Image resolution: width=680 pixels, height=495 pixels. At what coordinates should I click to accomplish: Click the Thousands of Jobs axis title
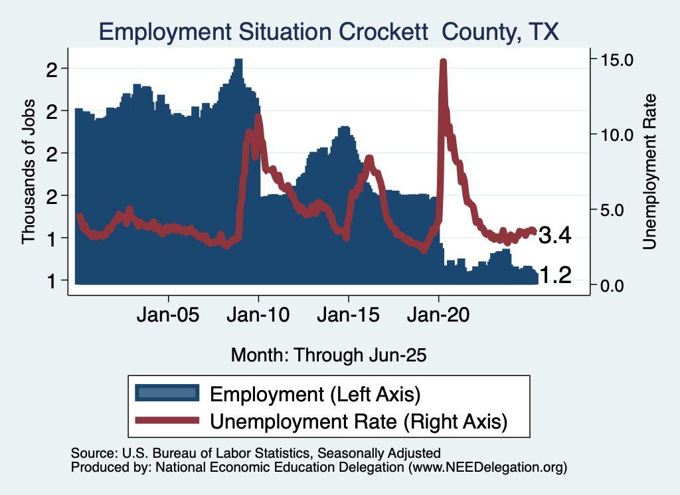[29, 173]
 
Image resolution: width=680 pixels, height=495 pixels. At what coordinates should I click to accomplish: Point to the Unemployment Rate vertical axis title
[649, 172]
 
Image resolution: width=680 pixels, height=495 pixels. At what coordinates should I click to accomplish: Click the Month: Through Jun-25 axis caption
[328, 355]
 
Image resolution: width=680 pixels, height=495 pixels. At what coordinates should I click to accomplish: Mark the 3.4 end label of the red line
[555, 235]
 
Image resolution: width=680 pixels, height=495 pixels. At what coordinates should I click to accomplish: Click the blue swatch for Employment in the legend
[167, 393]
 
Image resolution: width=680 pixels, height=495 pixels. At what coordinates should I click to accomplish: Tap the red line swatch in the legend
[167, 420]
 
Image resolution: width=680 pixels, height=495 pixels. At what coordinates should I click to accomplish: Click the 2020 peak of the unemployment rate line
[443, 62]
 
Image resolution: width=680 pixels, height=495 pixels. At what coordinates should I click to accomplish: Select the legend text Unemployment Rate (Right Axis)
[359, 421]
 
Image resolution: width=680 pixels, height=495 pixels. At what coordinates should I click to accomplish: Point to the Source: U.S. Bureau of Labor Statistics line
[256, 453]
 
